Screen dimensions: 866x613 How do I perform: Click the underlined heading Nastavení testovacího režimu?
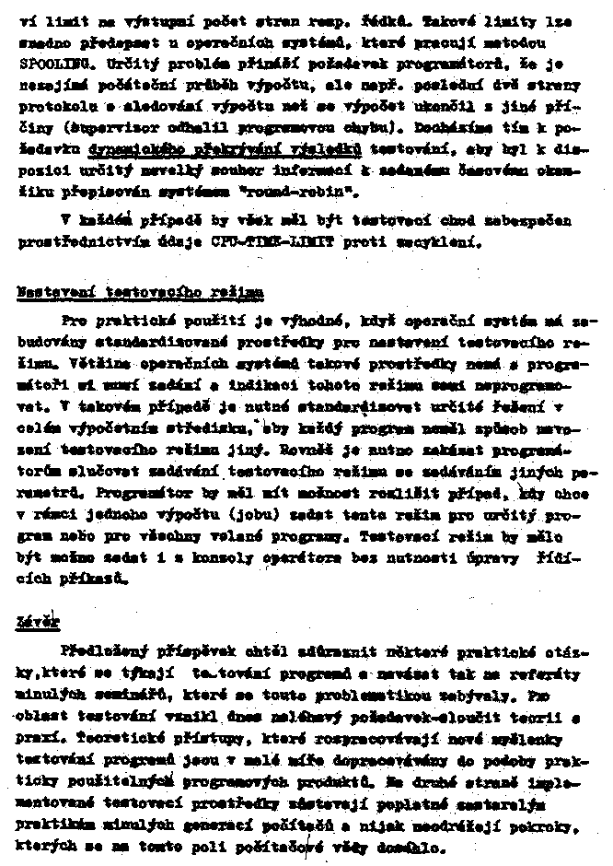(x=139, y=292)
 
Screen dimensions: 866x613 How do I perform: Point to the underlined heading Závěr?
(x=38, y=623)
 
